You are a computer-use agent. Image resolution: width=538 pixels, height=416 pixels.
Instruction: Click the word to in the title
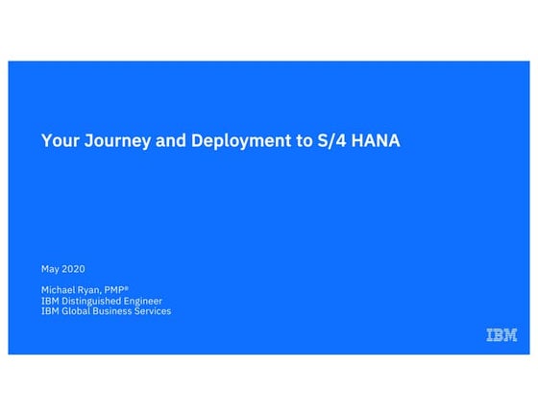point(306,141)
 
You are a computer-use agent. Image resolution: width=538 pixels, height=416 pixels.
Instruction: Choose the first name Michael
point(60,290)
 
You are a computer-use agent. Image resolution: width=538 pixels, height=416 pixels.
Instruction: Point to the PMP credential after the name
point(129,290)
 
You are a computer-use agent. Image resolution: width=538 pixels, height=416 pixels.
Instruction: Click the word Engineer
point(142,301)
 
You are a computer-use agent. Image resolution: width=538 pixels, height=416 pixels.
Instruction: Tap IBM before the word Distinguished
point(50,301)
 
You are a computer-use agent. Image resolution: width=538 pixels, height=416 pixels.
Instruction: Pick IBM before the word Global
point(50,311)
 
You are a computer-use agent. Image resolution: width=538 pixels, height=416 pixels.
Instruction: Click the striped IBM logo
point(501,335)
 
